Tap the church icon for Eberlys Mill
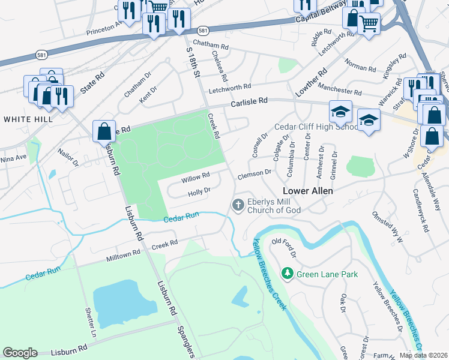[238, 206]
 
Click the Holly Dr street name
[199, 192]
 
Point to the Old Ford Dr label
[284, 246]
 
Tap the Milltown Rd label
[123, 255]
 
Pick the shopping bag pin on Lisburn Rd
[104, 130]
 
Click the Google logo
[20, 353]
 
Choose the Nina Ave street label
[13, 158]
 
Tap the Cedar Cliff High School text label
[317, 127]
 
